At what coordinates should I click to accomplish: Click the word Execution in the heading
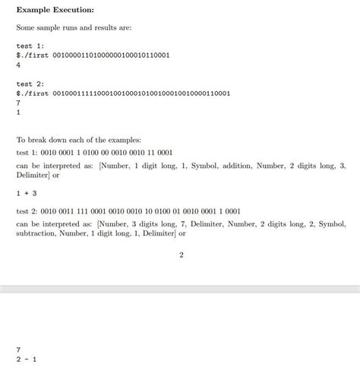74,9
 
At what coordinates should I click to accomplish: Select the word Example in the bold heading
33,9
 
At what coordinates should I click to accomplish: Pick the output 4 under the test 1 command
18,65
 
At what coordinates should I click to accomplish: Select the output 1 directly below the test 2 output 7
18,112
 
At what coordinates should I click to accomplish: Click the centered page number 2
181,255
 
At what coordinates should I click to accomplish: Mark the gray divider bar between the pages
180,289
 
